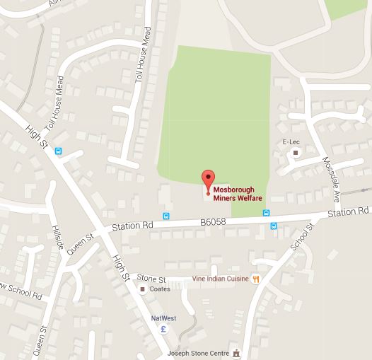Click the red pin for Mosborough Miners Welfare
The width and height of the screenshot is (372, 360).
pyautogui.click(x=208, y=181)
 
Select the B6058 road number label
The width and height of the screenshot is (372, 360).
pyautogui.click(x=212, y=221)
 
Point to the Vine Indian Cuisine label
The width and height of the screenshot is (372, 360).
pyautogui.click(x=220, y=279)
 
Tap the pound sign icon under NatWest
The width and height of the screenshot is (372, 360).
pyautogui.click(x=163, y=330)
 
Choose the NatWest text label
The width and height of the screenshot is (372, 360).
pyautogui.click(x=163, y=318)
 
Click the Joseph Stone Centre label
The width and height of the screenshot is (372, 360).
pyautogui.click(x=198, y=352)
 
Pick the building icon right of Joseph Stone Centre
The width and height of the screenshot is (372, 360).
pyautogui.click(x=238, y=352)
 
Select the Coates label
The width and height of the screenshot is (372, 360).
pyautogui.click(x=160, y=289)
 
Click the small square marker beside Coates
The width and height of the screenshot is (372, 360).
pyautogui.click(x=143, y=289)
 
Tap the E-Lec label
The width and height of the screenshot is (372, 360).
pyautogui.click(x=291, y=141)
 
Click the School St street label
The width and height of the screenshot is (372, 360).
pyautogui.click(x=301, y=236)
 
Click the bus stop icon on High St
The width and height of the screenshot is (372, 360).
pyautogui.click(x=58, y=150)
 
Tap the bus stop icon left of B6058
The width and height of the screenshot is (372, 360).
pyautogui.click(x=166, y=216)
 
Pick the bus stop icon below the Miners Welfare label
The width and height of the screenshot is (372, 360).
pyautogui.click(x=273, y=226)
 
